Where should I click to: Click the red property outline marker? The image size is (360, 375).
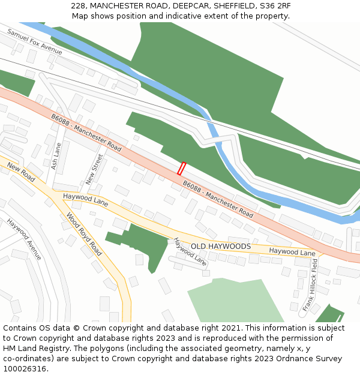(x=181, y=169)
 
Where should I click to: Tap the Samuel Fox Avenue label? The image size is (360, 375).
(x=35, y=41)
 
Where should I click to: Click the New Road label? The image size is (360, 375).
(x=21, y=172)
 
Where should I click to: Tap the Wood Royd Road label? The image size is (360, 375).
(x=84, y=233)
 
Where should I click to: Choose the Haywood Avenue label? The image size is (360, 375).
(x=24, y=239)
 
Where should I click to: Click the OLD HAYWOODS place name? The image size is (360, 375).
(x=221, y=247)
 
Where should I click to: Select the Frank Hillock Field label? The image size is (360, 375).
(x=311, y=289)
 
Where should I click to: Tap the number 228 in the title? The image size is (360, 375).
(x=77, y=5)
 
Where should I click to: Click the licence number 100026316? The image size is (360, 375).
(x=25, y=369)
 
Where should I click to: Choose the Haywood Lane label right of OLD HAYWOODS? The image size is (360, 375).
(x=292, y=252)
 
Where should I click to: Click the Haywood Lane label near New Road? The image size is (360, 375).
(x=85, y=200)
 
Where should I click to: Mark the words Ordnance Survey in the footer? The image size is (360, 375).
(x=311, y=359)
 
